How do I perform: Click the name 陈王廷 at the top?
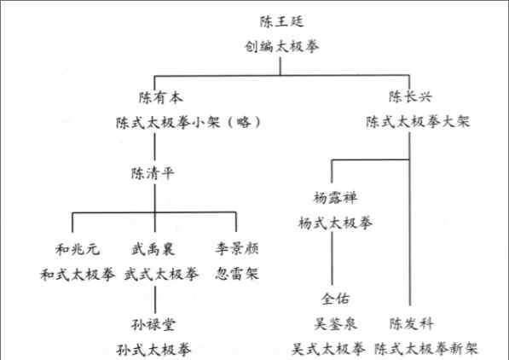click(281, 21)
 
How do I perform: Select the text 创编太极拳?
click(281, 46)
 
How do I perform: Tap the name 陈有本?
click(161, 97)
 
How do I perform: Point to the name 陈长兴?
click(411, 96)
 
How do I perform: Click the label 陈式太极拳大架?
click(418, 122)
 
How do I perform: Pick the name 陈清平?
click(153, 173)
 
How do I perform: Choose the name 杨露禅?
click(336, 198)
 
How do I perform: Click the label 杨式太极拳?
click(336, 224)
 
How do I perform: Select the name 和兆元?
click(78, 249)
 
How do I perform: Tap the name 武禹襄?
click(153, 249)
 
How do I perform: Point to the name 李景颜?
click(237, 248)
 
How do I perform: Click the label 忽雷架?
click(237, 274)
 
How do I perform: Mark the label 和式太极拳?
click(78, 275)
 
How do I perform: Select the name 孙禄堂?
click(153, 324)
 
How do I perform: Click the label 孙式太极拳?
click(153, 350)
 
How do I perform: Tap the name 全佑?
click(336, 299)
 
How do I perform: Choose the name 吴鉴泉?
click(336, 323)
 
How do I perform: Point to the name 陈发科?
click(411, 323)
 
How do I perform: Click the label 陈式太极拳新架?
click(426, 349)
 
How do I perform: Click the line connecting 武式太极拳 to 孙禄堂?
click(155, 299)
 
